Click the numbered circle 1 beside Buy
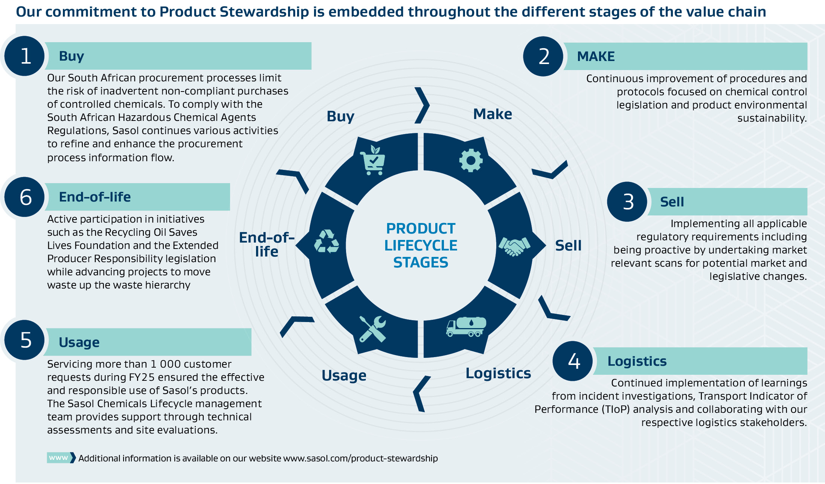click(x=25, y=56)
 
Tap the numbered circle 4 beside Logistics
click(x=573, y=361)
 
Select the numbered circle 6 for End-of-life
click(x=25, y=197)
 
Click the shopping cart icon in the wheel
click(x=373, y=160)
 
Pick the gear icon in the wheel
click(x=471, y=161)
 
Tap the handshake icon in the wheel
click(x=514, y=246)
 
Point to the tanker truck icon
click(x=466, y=327)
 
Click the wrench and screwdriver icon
click(x=372, y=329)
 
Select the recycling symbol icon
click(x=326, y=242)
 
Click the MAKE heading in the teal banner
click(x=596, y=56)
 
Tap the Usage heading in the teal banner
click(x=79, y=342)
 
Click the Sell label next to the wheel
click(x=568, y=246)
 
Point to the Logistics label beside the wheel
click(x=498, y=373)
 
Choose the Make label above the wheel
click(x=493, y=114)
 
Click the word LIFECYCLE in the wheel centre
click(x=421, y=246)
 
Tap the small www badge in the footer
click(x=59, y=458)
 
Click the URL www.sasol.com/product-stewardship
click(x=360, y=458)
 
